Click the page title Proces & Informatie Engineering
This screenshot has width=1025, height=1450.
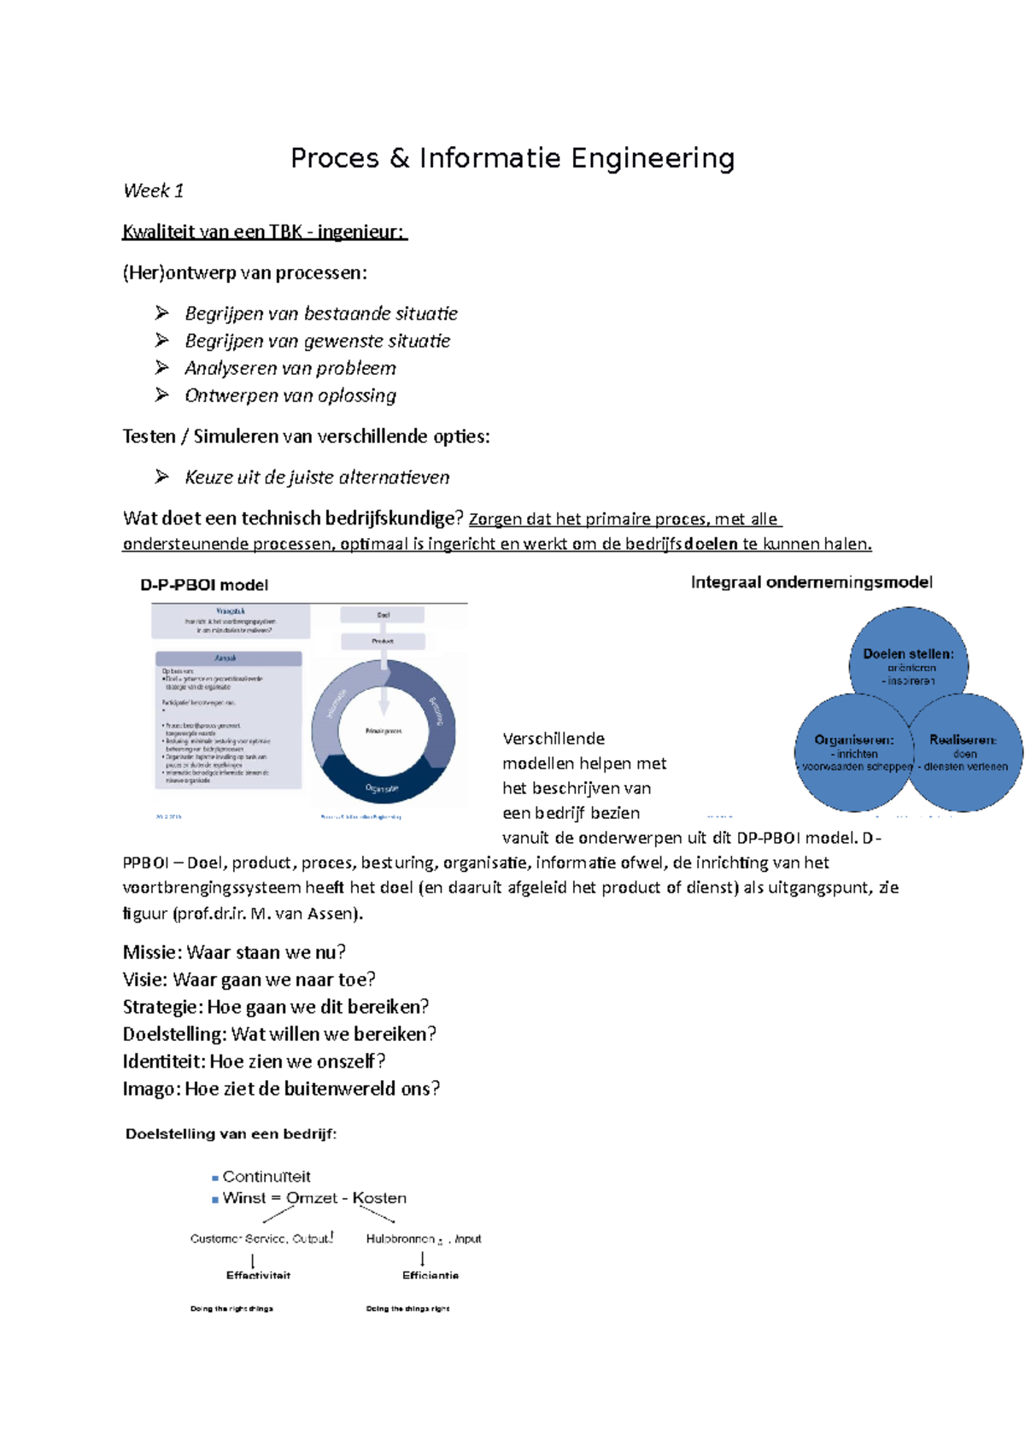pyautogui.click(x=512, y=159)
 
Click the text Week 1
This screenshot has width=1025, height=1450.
pyautogui.click(x=153, y=191)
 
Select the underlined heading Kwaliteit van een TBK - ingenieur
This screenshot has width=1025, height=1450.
pyautogui.click(x=265, y=232)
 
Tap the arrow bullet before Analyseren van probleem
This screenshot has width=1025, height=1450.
pyautogui.click(x=162, y=368)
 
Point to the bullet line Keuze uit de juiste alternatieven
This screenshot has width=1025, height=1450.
pyautogui.click(x=317, y=477)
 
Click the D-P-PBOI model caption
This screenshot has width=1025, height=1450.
pyautogui.click(x=204, y=585)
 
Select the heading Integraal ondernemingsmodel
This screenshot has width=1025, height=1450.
pyautogui.click(x=811, y=582)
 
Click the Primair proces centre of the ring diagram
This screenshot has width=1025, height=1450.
pyautogui.click(x=384, y=731)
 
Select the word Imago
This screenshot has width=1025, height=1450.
pyautogui.click(x=150, y=1089)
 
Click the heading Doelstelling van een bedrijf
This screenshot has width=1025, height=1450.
pyautogui.click(x=231, y=1134)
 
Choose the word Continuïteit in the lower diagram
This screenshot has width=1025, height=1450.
pyautogui.click(x=266, y=1177)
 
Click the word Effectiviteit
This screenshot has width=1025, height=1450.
pyautogui.click(x=258, y=1275)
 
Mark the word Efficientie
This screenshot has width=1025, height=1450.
pyautogui.click(x=430, y=1275)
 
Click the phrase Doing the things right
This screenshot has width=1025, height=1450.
pyautogui.click(x=407, y=1308)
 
